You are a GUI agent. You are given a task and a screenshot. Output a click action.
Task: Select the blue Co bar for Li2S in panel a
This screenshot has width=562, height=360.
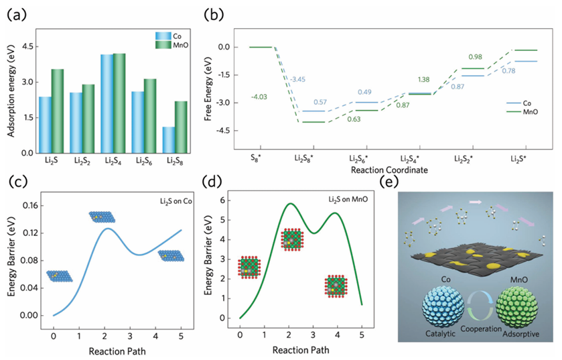(45, 125)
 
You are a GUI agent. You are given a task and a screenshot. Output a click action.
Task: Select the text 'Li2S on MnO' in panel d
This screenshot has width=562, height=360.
(340, 201)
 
